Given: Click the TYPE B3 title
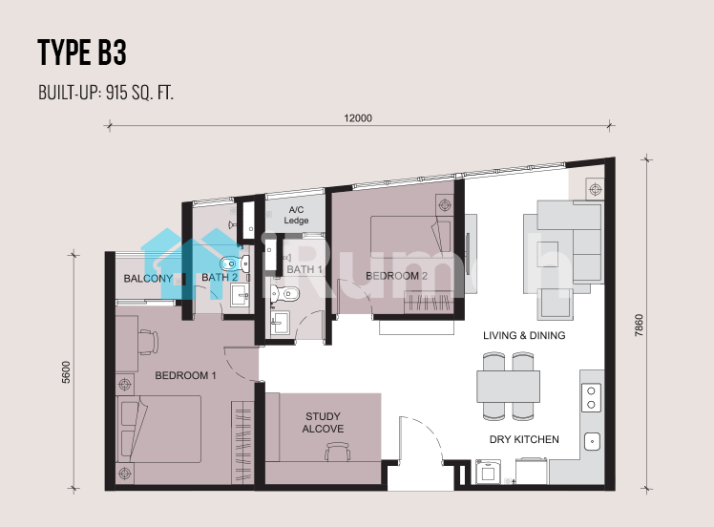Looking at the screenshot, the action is (x=82, y=53).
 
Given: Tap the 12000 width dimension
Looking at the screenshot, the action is (x=358, y=118).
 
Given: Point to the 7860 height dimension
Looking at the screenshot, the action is (x=640, y=326).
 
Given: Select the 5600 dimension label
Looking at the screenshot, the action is (x=67, y=372).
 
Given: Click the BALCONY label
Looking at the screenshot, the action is (x=148, y=279).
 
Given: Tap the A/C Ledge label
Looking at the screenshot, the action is (x=297, y=215).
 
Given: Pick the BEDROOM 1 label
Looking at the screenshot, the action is (x=185, y=375).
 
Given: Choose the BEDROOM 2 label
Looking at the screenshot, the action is (x=396, y=276).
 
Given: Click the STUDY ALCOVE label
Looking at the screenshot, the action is (x=323, y=422).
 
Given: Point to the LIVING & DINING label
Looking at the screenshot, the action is (x=524, y=335).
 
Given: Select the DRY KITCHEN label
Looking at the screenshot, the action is (x=524, y=439).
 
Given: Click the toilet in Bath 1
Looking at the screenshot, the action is (x=284, y=293).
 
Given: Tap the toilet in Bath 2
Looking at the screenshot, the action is (x=235, y=263).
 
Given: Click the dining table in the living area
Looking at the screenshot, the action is (x=508, y=387).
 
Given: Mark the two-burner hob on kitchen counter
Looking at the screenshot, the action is (x=591, y=398).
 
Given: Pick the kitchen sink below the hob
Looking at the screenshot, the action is (x=592, y=441).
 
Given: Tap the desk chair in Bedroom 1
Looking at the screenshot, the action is (x=148, y=342).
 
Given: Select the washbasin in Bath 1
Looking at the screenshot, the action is (x=280, y=323).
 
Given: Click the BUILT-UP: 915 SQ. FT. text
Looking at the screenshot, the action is (x=106, y=93).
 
